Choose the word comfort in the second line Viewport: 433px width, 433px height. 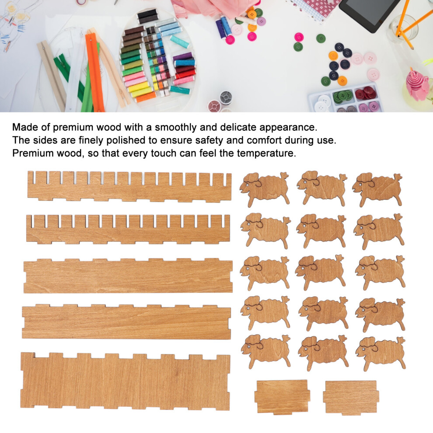tap(264, 140)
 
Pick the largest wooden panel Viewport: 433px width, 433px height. tap(125, 381)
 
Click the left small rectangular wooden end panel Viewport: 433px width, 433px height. tap(283, 397)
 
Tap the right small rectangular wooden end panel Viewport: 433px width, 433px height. tap(351, 398)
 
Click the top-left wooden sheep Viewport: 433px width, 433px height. tap(265, 189)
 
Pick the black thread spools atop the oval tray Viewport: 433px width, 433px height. tap(147, 16)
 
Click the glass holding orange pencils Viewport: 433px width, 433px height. tap(404, 28)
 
